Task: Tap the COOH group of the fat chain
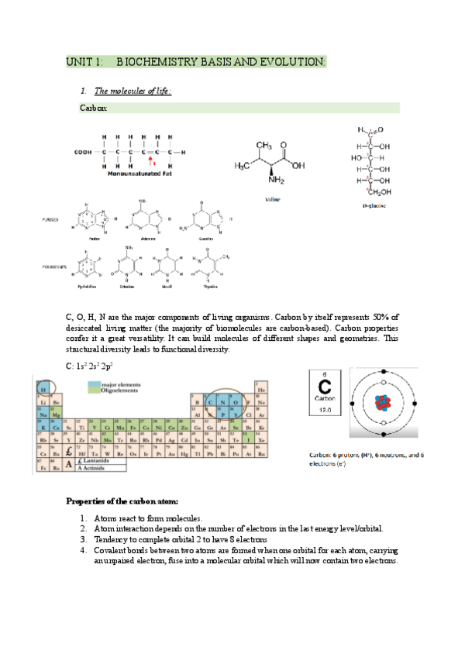pos(84,152)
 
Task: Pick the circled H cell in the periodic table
pos(43,390)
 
